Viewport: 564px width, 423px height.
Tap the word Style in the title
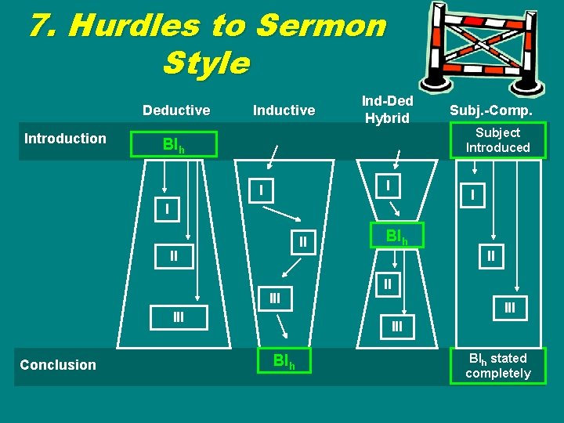[x=206, y=63]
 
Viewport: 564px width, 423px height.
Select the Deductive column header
[x=176, y=110]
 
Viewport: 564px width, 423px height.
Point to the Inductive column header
[x=284, y=110]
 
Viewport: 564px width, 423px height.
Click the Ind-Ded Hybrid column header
[x=387, y=110]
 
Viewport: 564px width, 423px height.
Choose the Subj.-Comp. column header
[x=491, y=110]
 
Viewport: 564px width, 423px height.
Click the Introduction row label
[x=65, y=139]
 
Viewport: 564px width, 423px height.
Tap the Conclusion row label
[x=58, y=364]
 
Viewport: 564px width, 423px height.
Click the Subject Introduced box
[x=497, y=140]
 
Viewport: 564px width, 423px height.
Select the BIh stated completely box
[x=497, y=366]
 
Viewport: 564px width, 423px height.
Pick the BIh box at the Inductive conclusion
[x=284, y=361]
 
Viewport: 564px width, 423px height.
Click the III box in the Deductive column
[x=179, y=316]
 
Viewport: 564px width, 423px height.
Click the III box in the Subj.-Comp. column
[x=510, y=308]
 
